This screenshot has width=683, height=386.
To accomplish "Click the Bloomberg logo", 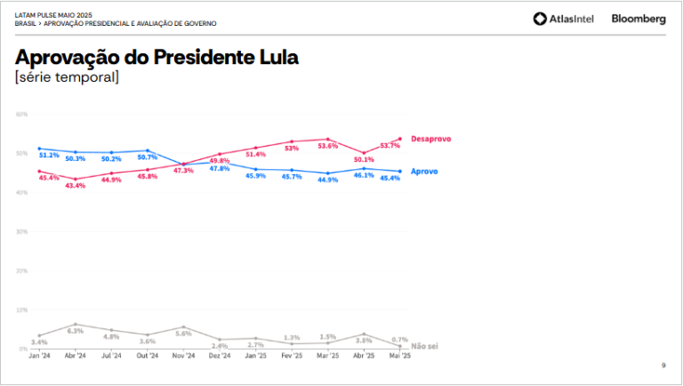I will click(639, 19).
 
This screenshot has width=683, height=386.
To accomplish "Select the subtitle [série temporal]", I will click(67, 78).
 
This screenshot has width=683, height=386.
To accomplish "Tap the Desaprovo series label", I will click(431, 139).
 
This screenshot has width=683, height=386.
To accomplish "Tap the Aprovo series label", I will click(423, 171).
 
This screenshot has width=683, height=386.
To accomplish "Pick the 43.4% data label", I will click(76, 186).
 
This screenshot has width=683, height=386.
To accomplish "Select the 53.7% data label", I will click(390, 146).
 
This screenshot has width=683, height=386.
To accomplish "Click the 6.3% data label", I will click(76, 331).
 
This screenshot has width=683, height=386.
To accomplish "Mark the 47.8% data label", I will click(219, 169).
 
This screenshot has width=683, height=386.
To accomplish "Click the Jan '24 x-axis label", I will click(39, 356).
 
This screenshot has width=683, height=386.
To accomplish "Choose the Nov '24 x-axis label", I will click(183, 356).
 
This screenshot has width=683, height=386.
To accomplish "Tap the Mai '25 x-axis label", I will click(399, 356).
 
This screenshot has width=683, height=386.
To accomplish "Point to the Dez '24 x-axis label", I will click(219, 356).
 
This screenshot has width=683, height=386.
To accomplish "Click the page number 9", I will click(663, 366).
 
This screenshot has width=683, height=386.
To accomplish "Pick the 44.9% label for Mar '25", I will click(327, 181).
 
